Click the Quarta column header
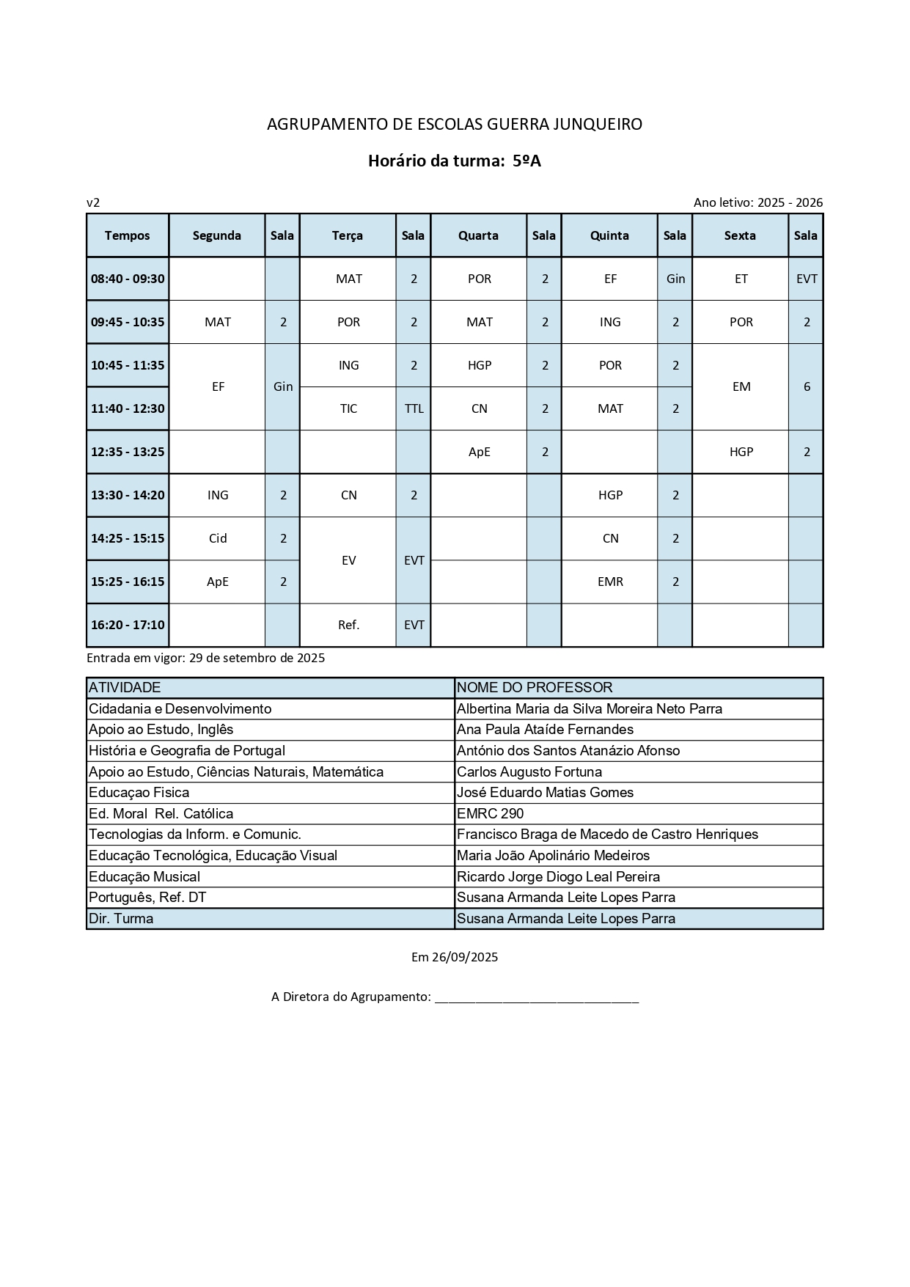click(x=478, y=235)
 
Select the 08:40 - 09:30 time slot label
click(x=128, y=279)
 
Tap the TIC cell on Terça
click(x=348, y=408)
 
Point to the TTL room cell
click(x=414, y=408)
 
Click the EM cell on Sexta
click(x=741, y=386)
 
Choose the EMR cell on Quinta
click(x=610, y=582)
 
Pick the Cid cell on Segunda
click(x=218, y=538)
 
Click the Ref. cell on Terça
click(x=348, y=625)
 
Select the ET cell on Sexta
click(x=741, y=279)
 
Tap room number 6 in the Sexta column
click(x=807, y=386)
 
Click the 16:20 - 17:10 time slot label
click(x=128, y=625)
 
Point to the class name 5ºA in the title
click(x=526, y=161)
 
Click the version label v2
click(x=93, y=202)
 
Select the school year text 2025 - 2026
click(x=790, y=202)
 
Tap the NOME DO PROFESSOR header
click(x=535, y=688)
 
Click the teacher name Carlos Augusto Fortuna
click(x=529, y=771)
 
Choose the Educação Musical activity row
click(x=144, y=876)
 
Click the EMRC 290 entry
click(x=490, y=813)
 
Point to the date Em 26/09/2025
click(x=455, y=957)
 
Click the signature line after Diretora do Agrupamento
click(x=537, y=998)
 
